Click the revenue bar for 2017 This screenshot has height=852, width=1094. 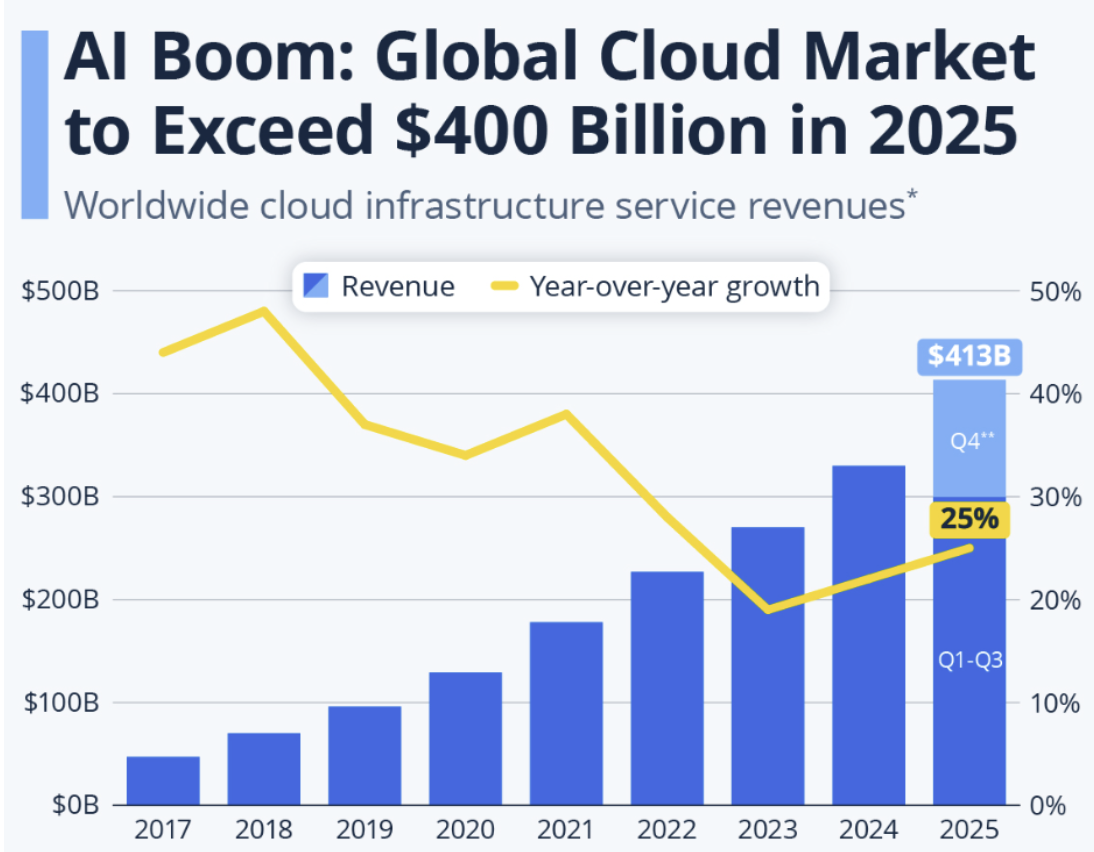coord(163,780)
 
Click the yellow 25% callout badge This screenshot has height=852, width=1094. coord(968,519)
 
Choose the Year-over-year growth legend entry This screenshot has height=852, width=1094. coord(655,287)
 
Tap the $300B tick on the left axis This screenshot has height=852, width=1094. coord(58,497)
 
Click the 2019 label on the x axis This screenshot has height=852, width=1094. coord(365,830)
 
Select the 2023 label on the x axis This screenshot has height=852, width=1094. coord(767,830)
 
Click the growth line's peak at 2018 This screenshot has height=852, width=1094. coord(264,311)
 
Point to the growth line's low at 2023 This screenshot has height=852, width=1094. coord(767,609)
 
